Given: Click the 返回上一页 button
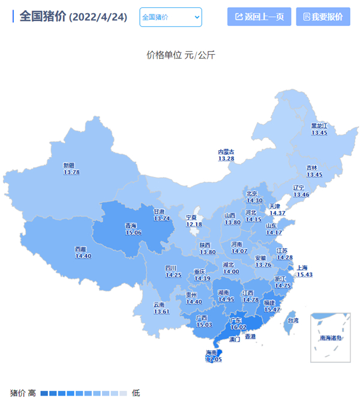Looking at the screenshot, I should click(x=259, y=17).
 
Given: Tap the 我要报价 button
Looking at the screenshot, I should click(x=323, y=17).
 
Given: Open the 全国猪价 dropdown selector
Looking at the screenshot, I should click(x=170, y=17).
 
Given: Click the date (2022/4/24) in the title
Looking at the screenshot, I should click(x=98, y=17).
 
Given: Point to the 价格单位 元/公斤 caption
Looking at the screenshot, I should click(x=181, y=55).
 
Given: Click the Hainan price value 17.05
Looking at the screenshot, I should click(x=214, y=359).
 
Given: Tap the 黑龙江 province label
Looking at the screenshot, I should click(x=319, y=125).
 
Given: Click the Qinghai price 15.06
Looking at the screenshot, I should click(x=133, y=232).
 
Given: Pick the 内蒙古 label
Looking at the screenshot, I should click(x=226, y=152).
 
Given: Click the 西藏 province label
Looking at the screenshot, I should click(x=83, y=249).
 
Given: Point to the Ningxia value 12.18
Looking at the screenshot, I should click(x=194, y=224).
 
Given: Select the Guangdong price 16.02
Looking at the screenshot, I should click(x=238, y=327).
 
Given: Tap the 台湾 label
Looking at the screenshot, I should click(x=293, y=321).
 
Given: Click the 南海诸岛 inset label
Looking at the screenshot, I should click(x=331, y=338).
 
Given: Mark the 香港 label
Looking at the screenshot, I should click(x=250, y=337).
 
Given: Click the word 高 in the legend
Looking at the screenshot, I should click(x=32, y=393).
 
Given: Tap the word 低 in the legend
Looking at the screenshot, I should click(x=136, y=393).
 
